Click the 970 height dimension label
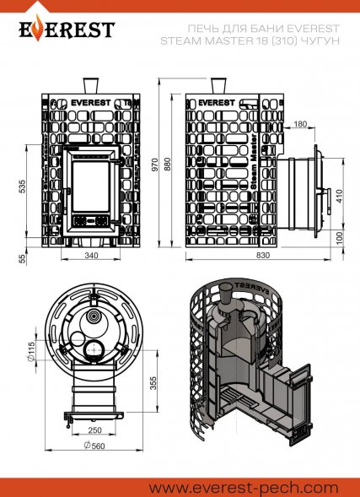[x=155, y=165]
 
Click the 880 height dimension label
[x=168, y=164]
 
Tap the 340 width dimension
[x=91, y=255]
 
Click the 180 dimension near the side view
[x=300, y=123]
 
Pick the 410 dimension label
[x=339, y=197]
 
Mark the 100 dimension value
[x=339, y=238]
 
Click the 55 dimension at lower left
[x=22, y=259]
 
